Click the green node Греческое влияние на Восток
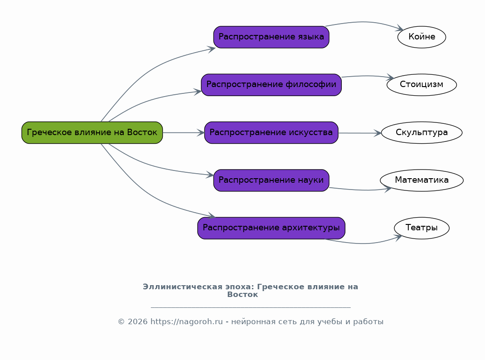[92, 133]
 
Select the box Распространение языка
[271, 37]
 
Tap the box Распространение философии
[271, 85]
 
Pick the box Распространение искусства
[271, 133]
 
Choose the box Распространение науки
[271, 180]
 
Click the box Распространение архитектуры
[271, 228]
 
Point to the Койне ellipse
[422, 37]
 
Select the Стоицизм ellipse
[422, 85]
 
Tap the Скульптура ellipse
[422, 133]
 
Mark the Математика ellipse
[422, 180]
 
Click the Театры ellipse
[422, 228]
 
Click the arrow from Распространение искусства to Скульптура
[360, 133]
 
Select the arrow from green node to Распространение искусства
[184, 133]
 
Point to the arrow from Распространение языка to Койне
[365, 22]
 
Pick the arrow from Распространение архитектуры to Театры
[364, 243]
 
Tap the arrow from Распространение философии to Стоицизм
[368, 76]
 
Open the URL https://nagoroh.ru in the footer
[186, 322]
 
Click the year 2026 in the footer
[137, 322]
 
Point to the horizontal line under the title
[251, 307]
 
